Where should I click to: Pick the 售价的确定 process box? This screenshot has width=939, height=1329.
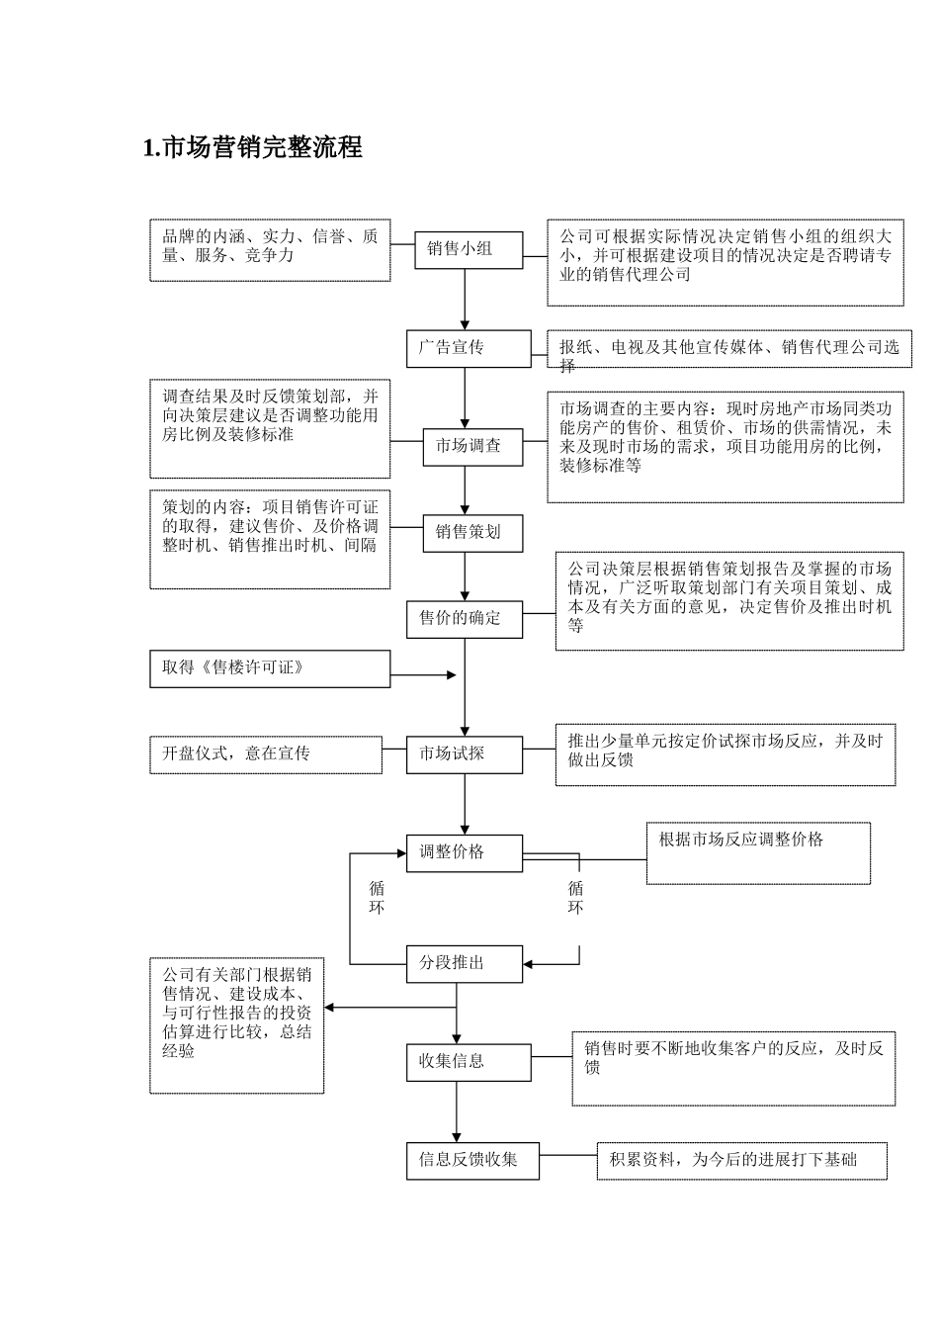[464, 619]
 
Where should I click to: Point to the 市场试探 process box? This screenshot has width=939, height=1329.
[464, 754]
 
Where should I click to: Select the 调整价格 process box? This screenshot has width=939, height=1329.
[464, 852]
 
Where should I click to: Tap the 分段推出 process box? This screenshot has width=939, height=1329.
[464, 963]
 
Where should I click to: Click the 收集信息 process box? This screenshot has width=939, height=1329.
[468, 1062]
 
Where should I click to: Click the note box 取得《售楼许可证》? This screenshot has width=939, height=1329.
[270, 668]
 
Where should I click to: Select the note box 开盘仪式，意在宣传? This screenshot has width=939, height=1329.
[266, 754]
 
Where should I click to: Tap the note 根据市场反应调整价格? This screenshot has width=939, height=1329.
[758, 852]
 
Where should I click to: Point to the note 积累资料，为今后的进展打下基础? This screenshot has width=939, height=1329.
[741, 1161]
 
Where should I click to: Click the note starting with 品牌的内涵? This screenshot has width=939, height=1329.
[270, 250]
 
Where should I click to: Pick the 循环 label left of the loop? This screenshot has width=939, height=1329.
[377, 898]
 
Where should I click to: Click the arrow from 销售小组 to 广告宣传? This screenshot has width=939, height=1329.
[465, 299]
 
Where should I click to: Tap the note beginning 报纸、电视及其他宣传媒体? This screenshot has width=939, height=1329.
[729, 350]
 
